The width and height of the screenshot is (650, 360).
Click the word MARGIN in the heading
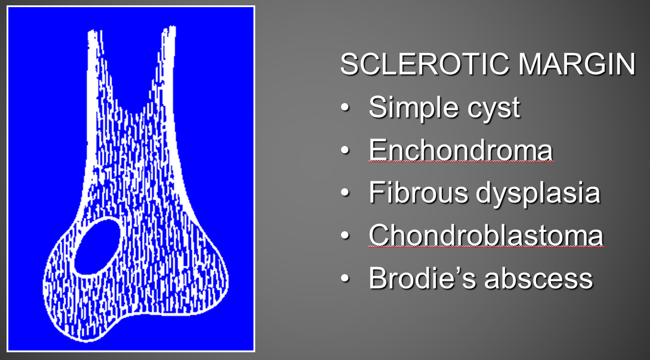(577, 64)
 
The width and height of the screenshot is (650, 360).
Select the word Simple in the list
(414, 108)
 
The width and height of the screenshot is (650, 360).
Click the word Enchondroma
(461, 150)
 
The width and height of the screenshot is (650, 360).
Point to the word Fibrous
(419, 193)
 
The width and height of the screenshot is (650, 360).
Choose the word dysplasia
(538, 194)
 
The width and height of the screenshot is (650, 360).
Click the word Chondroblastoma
(486, 235)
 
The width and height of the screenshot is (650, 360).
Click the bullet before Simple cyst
(345, 108)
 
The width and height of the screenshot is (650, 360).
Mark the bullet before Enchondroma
(345, 150)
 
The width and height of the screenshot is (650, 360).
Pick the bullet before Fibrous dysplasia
(345, 193)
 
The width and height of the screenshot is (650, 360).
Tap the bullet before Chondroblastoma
(345, 235)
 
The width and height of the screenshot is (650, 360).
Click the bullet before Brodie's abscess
(345, 278)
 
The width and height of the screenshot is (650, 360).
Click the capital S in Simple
(377, 107)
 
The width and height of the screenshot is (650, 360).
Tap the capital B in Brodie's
(378, 278)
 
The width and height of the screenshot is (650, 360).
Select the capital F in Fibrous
(377, 193)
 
